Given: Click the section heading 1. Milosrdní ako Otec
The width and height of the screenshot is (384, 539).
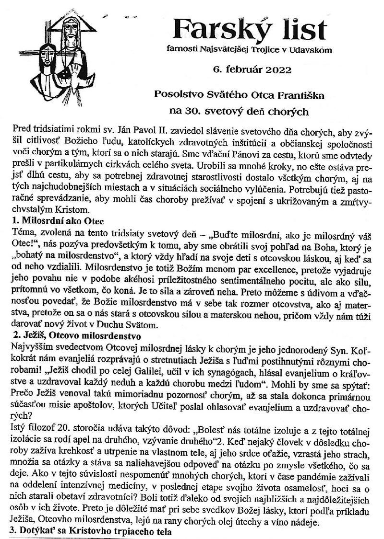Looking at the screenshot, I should pos(57,221).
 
